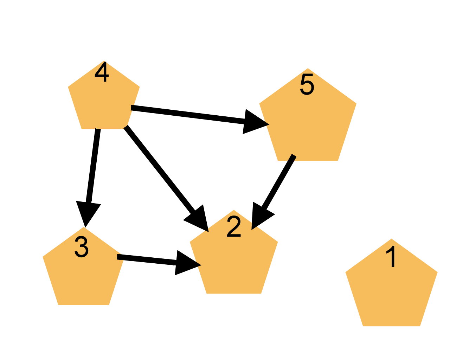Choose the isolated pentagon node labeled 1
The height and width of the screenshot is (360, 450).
click(391, 288)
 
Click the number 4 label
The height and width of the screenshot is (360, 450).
click(102, 73)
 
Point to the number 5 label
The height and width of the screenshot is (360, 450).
click(307, 84)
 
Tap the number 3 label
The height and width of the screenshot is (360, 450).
click(82, 247)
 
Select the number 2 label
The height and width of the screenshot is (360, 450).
click(234, 227)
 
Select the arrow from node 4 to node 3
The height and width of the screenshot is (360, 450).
click(93, 165)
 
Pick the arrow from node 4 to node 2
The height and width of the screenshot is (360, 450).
click(160, 171)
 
